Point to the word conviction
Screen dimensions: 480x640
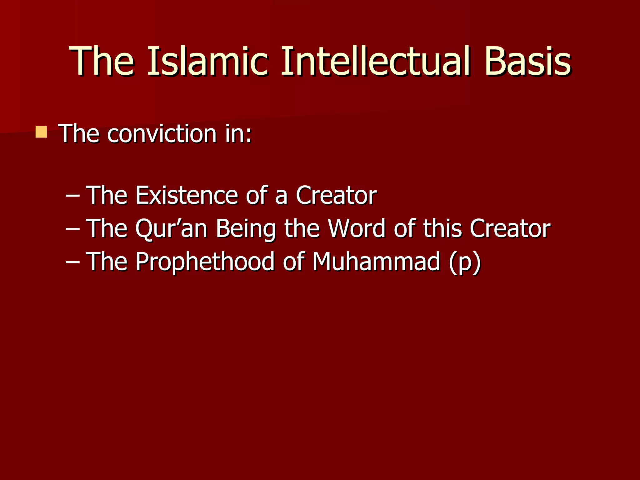click(x=162, y=134)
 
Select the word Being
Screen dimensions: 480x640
click(x=246, y=228)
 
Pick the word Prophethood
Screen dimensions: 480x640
click(x=205, y=261)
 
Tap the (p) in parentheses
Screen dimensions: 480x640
click(x=465, y=262)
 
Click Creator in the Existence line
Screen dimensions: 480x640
click(x=336, y=195)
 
